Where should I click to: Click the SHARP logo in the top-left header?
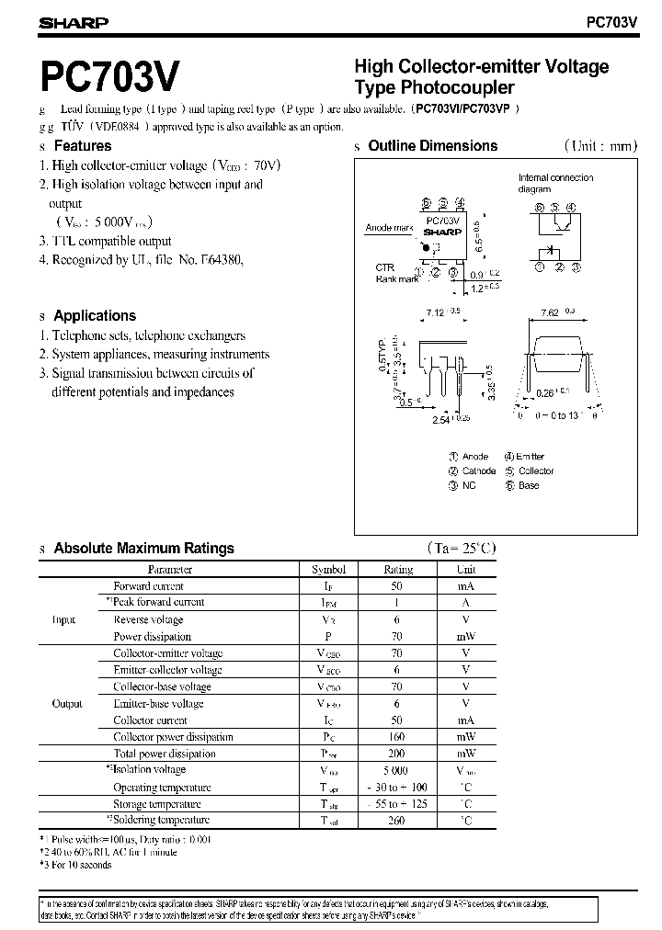(74, 22)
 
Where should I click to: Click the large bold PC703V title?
(110, 76)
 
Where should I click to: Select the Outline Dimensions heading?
(432, 145)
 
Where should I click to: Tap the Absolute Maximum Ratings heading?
(143, 548)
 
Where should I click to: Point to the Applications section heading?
(95, 315)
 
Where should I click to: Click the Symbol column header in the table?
(329, 570)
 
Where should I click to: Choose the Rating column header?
(398, 570)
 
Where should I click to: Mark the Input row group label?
(63, 619)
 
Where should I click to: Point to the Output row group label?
(66, 704)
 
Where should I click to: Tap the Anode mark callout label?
(388, 227)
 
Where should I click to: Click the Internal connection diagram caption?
(555, 183)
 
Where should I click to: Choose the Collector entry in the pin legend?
(535, 471)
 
